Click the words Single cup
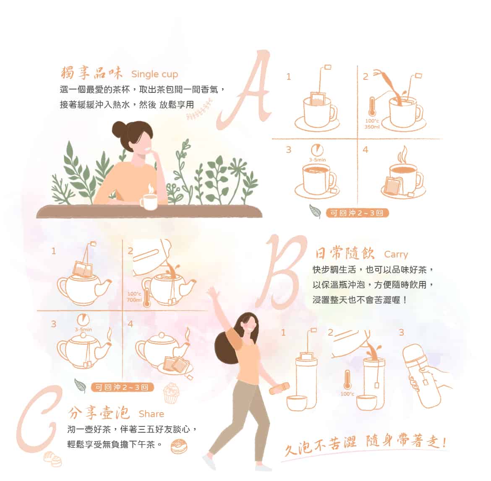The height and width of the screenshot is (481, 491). pyautogui.click(x=154, y=74)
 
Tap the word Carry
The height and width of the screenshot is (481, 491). pyautogui.click(x=396, y=254)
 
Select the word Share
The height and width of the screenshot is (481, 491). pyautogui.click(x=151, y=414)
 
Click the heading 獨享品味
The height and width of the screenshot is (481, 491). pyautogui.click(x=91, y=73)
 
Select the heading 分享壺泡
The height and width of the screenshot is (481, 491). pyautogui.click(x=99, y=413)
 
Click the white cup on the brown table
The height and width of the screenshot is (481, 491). pyautogui.click(x=148, y=202)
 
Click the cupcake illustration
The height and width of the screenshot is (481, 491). pyautogui.click(x=171, y=392)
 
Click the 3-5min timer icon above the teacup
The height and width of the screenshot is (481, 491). pyautogui.click(x=317, y=150)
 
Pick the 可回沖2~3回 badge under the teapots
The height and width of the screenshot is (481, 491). pyautogui.click(x=122, y=387)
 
